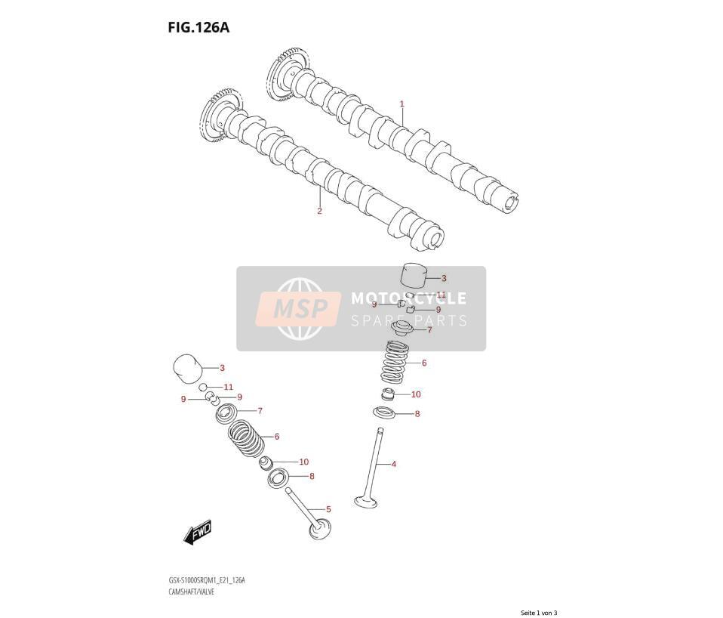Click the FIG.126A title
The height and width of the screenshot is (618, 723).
[198, 28]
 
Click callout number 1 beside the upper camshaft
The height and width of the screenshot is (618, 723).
[401, 104]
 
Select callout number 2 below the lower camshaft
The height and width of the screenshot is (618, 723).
[319, 212]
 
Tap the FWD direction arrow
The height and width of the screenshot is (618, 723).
[197, 533]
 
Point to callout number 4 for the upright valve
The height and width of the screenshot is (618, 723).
[394, 464]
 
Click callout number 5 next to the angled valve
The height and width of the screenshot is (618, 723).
[328, 509]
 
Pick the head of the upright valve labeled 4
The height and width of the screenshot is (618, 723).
[366, 502]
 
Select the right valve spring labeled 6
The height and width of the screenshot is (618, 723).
[393, 362]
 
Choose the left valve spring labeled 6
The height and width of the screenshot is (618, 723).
[247, 437]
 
